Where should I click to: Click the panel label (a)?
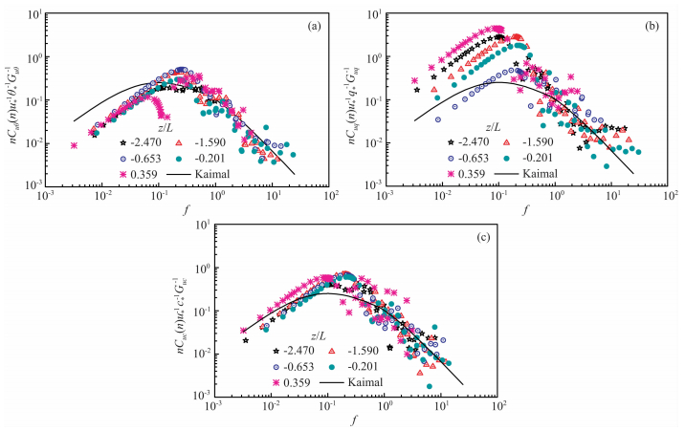tap(312, 27)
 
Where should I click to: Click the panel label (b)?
tap(652, 27)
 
